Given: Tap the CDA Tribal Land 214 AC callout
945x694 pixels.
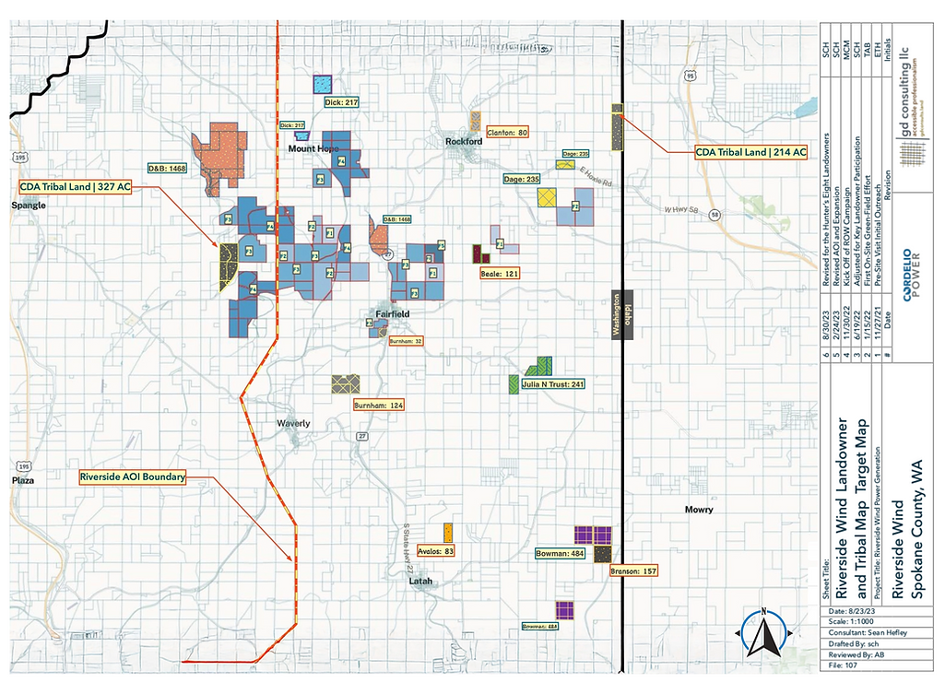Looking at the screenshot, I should pyautogui.click(x=750, y=152).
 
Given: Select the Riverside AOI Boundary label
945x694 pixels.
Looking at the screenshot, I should pyautogui.click(x=133, y=477).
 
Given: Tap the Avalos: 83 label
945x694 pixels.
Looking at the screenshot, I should pyautogui.click(x=436, y=551).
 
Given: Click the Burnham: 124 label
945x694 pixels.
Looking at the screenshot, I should pyautogui.click(x=378, y=405).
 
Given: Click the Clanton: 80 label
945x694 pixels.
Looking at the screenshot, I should pyautogui.click(x=507, y=133).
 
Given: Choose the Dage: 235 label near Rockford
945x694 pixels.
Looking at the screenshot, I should pyautogui.click(x=522, y=179).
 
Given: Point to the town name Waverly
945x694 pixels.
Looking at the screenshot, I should pyautogui.click(x=294, y=424).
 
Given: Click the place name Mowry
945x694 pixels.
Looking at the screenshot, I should pyautogui.click(x=700, y=509).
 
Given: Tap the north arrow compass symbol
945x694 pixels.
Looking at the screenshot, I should pyautogui.click(x=763, y=634).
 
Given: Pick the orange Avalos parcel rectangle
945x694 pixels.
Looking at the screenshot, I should pyautogui.click(x=448, y=532).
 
